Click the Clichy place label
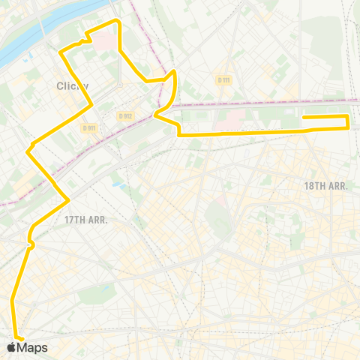coord(73,85)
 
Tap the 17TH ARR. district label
coord(86,220)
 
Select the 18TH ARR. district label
coord(325,185)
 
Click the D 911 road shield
coord(89,128)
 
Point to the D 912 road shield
coord(125,115)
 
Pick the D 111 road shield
coord(223,80)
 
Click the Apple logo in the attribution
coord(10,347)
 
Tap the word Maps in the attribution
coord(32,348)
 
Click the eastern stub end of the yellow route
coord(304,116)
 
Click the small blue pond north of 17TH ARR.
coord(116,182)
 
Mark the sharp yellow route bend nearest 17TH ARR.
coord(69,199)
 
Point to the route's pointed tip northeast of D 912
coord(175,71)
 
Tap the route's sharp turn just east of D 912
coord(154,115)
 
